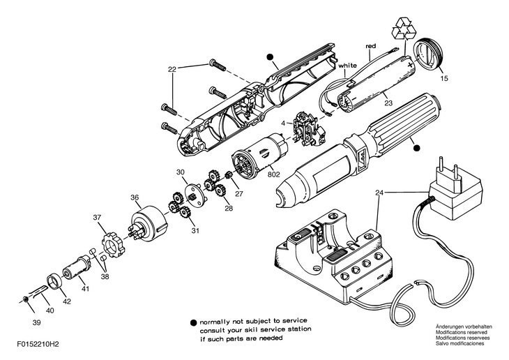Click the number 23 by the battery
388,103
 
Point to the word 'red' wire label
371,47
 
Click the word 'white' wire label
348,66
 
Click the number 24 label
379,193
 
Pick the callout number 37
97,218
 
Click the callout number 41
84,287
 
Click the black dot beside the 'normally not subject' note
193,322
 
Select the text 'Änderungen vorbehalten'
464,327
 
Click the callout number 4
283,124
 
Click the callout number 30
180,172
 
